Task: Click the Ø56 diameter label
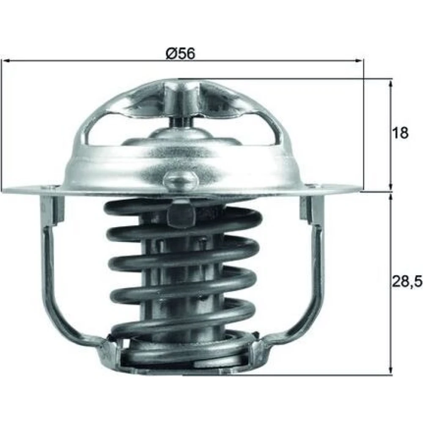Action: point(180,53)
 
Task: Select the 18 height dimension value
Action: point(401,133)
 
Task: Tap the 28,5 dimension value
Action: point(407,281)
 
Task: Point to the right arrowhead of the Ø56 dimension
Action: point(359,61)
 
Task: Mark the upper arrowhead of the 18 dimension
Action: point(390,84)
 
